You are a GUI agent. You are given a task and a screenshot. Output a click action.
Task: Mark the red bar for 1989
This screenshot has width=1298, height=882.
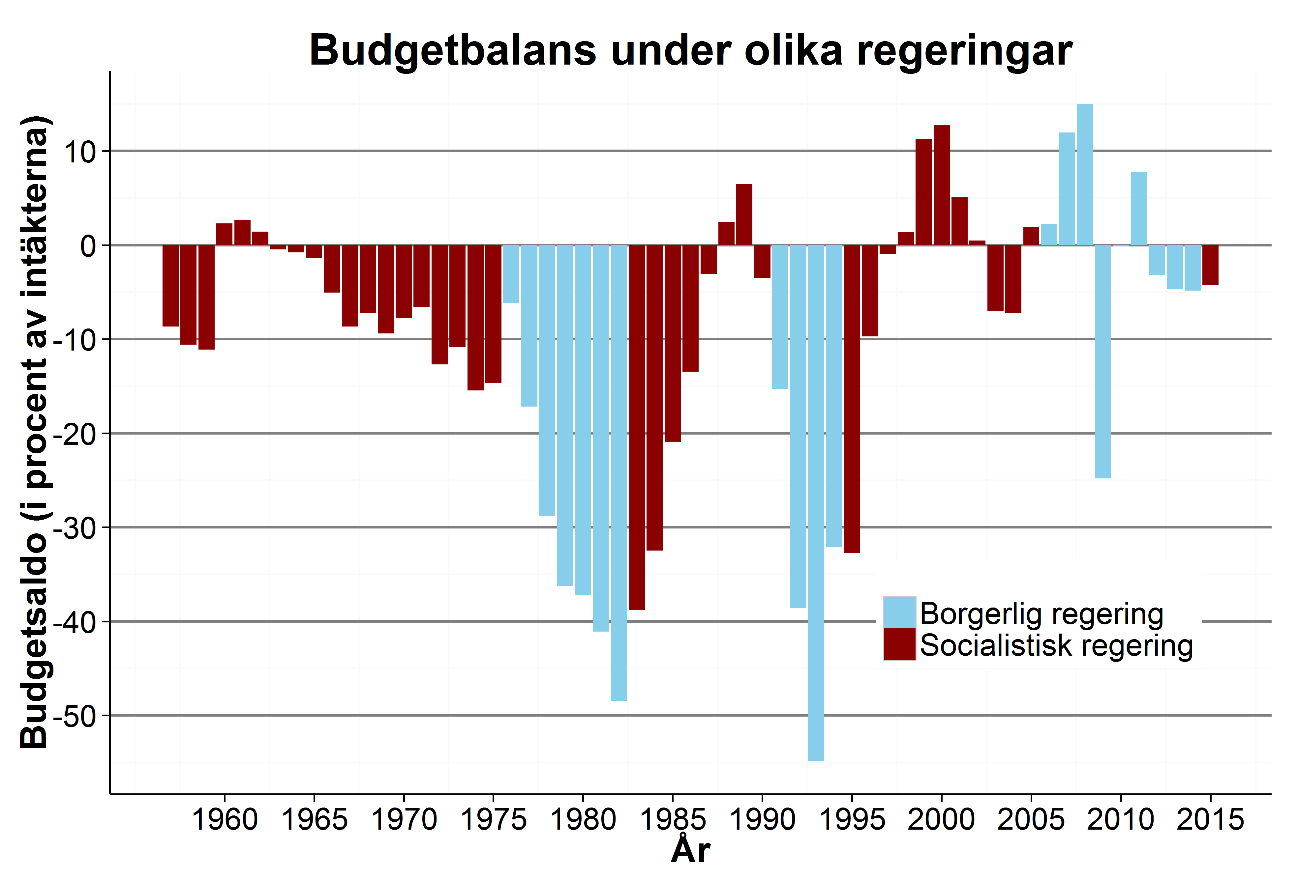pyautogui.click(x=744, y=214)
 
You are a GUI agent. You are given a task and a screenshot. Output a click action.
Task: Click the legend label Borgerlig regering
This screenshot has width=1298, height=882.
pyautogui.click(x=1041, y=614)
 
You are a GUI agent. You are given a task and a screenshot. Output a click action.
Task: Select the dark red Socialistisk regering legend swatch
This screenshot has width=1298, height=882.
pyautogui.click(x=899, y=644)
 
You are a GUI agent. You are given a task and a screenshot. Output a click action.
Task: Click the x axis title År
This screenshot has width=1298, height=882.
pyautogui.click(x=690, y=851)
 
